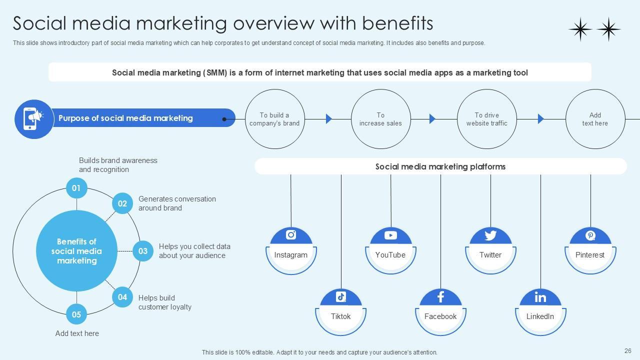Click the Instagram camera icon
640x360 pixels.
tap(291, 234)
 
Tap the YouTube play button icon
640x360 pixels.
tap(390, 235)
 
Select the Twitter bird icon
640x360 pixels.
tap(490, 235)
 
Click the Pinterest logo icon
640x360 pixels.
tap(590, 235)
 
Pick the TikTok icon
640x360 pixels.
tap(341, 296)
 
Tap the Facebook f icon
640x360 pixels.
tap(440, 297)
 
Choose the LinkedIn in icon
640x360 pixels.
tap(540, 297)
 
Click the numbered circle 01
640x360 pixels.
tap(76, 188)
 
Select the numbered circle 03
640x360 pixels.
tap(143, 251)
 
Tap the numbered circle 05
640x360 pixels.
tap(76, 314)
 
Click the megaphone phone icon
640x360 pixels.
tap(34, 118)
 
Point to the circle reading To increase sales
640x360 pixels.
tap(380, 119)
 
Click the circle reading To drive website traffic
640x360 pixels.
tap(487, 119)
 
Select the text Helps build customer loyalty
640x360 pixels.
tap(164, 302)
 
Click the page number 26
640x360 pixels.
tap(628, 351)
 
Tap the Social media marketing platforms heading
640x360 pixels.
tap(440, 166)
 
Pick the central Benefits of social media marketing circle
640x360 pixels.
tap(76, 251)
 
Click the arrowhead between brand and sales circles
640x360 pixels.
tap(329, 119)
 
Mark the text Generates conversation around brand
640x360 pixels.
tap(177, 203)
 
